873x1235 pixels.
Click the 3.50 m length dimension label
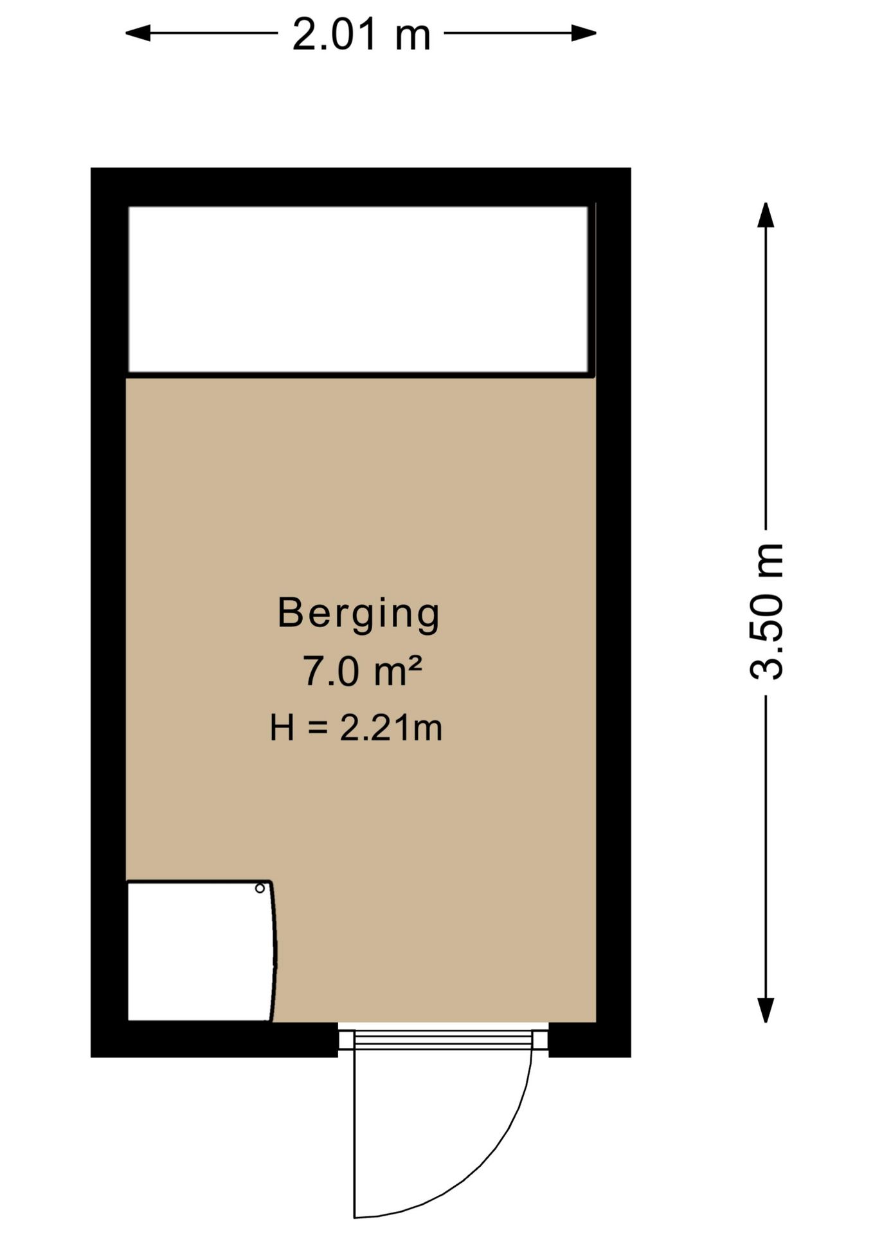[767, 612]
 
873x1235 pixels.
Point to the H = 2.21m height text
[356, 728]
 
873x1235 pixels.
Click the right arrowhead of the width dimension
[584, 33]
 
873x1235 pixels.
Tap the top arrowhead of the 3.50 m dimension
[765, 215]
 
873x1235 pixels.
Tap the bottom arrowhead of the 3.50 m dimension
[765, 1010]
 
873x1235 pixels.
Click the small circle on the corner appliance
[260, 888]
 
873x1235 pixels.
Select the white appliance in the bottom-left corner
[201, 951]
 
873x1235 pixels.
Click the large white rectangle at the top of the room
[358, 289]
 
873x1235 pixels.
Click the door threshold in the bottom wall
[443, 1039]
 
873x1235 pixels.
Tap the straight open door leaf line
[354, 1133]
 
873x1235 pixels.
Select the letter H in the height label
[282, 728]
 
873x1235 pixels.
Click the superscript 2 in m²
[415, 663]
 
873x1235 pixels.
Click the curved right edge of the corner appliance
[274, 951]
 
